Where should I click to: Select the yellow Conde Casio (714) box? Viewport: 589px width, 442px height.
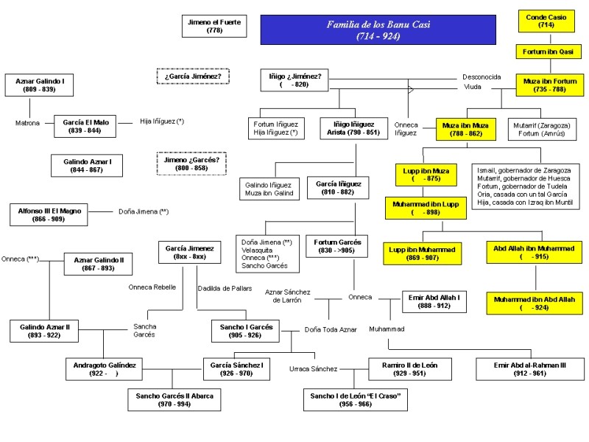546,21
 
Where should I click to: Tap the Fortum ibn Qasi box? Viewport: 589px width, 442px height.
548,52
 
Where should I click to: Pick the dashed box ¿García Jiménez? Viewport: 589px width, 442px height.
194,76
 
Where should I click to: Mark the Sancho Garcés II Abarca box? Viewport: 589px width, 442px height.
174,400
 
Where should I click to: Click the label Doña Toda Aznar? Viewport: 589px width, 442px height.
331,329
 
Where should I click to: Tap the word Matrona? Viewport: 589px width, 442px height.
28,123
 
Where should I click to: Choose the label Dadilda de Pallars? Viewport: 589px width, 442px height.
221,287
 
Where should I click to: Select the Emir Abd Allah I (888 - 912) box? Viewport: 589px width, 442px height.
434,301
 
